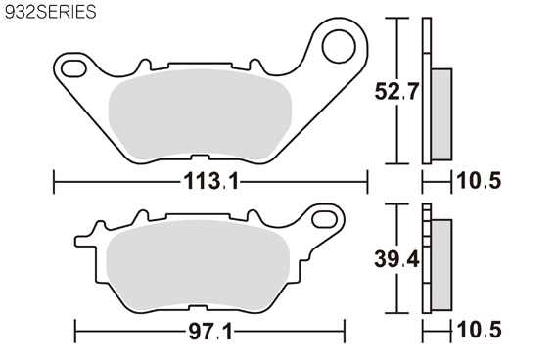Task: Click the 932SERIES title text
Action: tap(51, 12)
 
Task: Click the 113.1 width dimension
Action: tap(211, 182)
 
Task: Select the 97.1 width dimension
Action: tap(210, 332)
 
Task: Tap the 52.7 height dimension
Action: tap(396, 92)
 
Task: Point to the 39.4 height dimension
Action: tap(396, 259)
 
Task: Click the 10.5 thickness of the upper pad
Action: tap(479, 181)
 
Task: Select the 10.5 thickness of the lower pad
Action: tap(479, 330)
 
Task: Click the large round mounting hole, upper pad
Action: tap(339, 47)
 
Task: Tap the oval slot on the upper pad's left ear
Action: tap(73, 68)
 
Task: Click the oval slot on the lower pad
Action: tap(324, 219)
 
